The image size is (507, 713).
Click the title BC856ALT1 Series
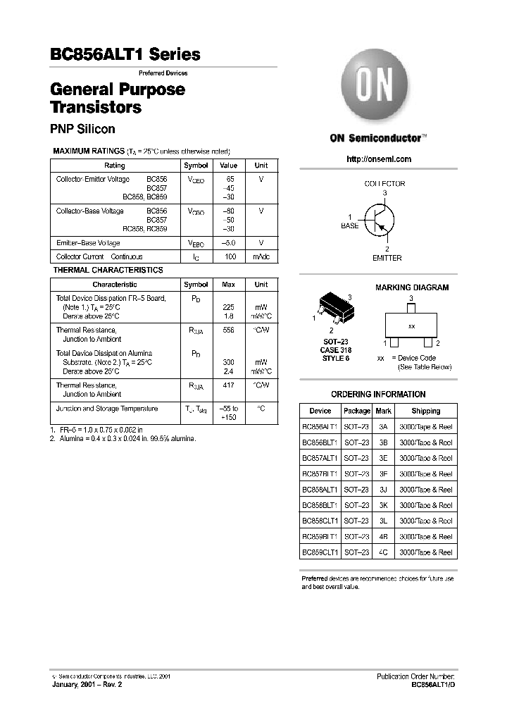click(x=125, y=55)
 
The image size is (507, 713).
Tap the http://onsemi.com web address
click(x=379, y=159)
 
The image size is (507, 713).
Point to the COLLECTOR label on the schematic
click(x=384, y=184)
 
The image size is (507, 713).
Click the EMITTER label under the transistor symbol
click(x=387, y=258)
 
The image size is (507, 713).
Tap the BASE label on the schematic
click(x=350, y=226)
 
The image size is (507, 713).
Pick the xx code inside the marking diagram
click(x=411, y=328)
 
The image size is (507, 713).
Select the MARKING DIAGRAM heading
click(x=411, y=287)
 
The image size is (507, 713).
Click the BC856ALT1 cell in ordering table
click(x=320, y=426)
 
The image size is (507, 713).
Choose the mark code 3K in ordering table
click(x=383, y=505)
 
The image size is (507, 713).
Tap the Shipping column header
click(x=425, y=411)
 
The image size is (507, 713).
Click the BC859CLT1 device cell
click(x=320, y=552)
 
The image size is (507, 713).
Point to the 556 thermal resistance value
click(x=228, y=330)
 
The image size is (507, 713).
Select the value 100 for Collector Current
click(x=230, y=257)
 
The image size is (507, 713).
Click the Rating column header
click(x=114, y=166)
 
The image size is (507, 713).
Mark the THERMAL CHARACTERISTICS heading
click(x=108, y=270)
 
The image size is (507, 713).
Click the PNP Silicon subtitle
click(x=82, y=129)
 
